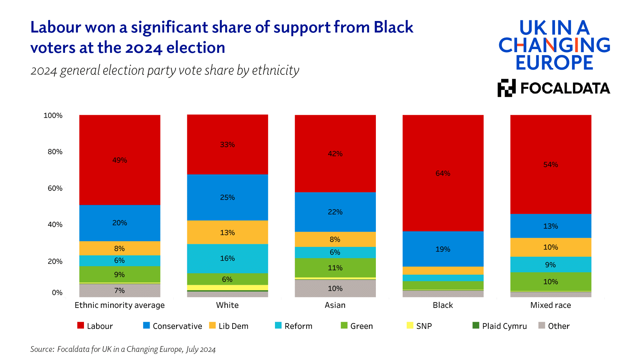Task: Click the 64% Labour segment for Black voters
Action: click(x=443, y=173)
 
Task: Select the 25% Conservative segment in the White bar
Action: click(x=227, y=197)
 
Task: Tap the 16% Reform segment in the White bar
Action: click(x=227, y=258)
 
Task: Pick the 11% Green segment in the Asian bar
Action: click(x=335, y=268)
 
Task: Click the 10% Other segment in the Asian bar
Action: click(x=335, y=288)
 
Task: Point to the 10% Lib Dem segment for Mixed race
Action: click(x=550, y=247)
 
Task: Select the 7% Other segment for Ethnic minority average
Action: click(x=120, y=290)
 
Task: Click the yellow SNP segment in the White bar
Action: click(x=227, y=288)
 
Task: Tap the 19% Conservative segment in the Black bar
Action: click(x=443, y=249)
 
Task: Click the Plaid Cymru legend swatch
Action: click(x=476, y=325)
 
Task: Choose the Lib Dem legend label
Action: click(x=233, y=326)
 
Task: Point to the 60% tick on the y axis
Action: click(x=55, y=188)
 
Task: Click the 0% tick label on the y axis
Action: click(x=57, y=293)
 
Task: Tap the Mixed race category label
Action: click(x=550, y=305)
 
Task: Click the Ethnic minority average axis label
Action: click(x=120, y=305)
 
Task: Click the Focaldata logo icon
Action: click(x=506, y=88)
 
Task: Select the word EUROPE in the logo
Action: click(x=554, y=63)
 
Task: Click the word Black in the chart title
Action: click(x=393, y=27)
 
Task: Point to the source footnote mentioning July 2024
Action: click(x=123, y=349)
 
